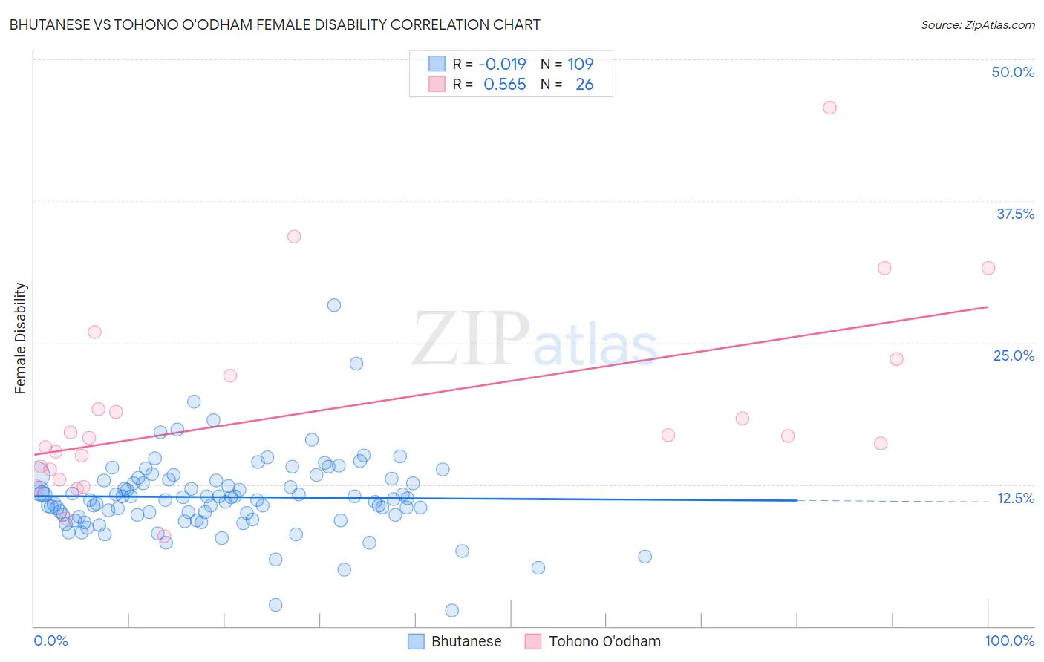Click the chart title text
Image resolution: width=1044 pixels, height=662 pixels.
pyautogui.click(x=275, y=24)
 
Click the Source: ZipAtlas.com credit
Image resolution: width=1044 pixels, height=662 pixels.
pyautogui.click(x=977, y=24)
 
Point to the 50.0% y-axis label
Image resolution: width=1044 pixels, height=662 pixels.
pyautogui.click(x=1013, y=72)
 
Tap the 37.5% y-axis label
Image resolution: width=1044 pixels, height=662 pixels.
pyautogui.click(x=1015, y=214)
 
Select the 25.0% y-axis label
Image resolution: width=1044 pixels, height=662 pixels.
pyautogui.click(x=1014, y=355)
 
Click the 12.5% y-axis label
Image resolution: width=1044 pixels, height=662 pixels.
pyautogui.click(x=1015, y=498)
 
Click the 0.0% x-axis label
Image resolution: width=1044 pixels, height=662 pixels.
pyautogui.click(x=50, y=640)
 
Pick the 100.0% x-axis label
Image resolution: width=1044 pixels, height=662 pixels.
pyautogui.click(x=1009, y=640)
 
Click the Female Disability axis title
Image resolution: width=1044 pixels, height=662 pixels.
pyautogui.click(x=21, y=338)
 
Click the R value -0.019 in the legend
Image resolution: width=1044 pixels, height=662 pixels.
pyautogui.click(x=502, y=65)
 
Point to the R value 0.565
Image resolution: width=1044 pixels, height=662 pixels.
pyautogui.click(x=504, y=85)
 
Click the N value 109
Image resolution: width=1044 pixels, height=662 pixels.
pyautogui.click(x=580, y=65)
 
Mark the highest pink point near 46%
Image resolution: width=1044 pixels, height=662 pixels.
pyautogui.click(x=829, y=108)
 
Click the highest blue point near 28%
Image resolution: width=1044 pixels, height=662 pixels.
pyautogui.click(x=334, y=305)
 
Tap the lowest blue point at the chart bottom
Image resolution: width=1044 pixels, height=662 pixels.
pyautogui.click(x=451, y=610)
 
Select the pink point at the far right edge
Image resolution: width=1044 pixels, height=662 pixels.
pyautogui.click(x=988, y=268)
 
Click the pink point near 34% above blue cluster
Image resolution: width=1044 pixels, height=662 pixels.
pyautogui.click(x=294, y=237)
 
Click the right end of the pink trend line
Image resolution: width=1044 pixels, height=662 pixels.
pyautogui.click(x=988, y=307)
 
